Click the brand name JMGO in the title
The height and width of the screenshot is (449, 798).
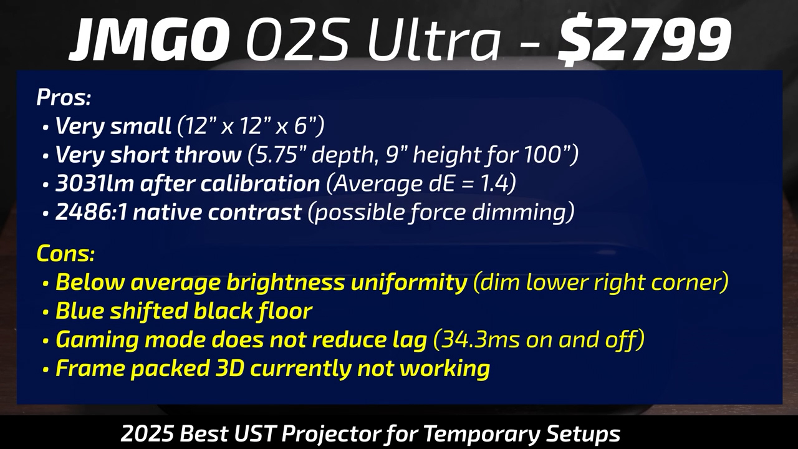(x=149, y=39)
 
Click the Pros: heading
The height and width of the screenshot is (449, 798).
(x=64, y=97)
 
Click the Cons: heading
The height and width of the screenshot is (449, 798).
(x=65, y=253)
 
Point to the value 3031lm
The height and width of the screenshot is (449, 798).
(x=94, y=183)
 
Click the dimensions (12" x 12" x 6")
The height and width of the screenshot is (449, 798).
(x=251, y=126)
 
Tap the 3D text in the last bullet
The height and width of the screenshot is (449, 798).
(x=229, y=368)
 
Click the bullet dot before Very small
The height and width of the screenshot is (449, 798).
(x=46, y=127)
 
